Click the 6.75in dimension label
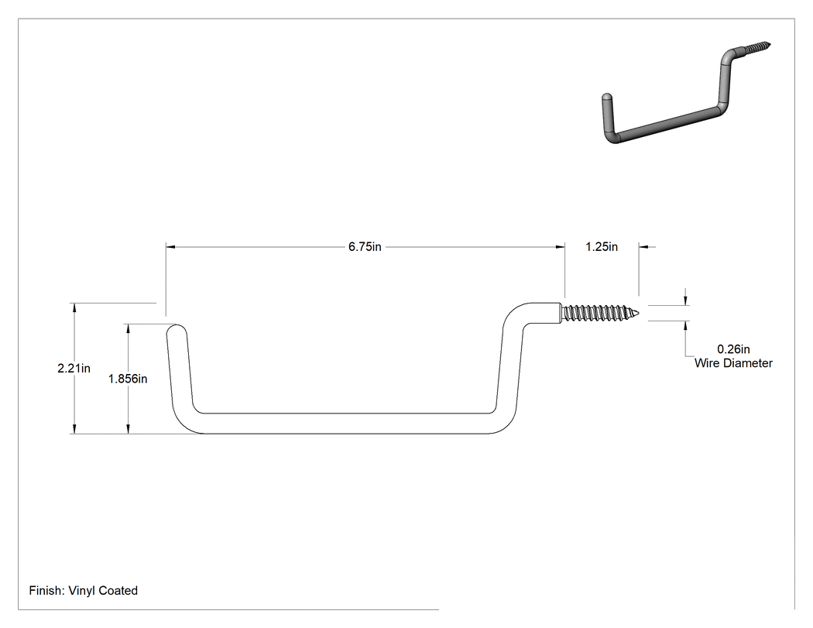coord(365,247)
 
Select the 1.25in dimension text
coord(602,247)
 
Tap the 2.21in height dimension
coord(74,368)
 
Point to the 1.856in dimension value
coord(128,379)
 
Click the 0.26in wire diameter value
coord(733,349)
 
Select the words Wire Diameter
coord(733,363)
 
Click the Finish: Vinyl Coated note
coord(84,591)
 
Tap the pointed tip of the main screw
coord(639,313)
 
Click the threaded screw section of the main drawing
coord(600,313)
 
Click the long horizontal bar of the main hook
coord(345,424)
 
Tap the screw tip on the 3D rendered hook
coord(770,44)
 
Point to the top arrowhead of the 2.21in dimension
coord(74,307)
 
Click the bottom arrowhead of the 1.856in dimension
coord(128,429)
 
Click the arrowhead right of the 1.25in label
coord(643,247)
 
